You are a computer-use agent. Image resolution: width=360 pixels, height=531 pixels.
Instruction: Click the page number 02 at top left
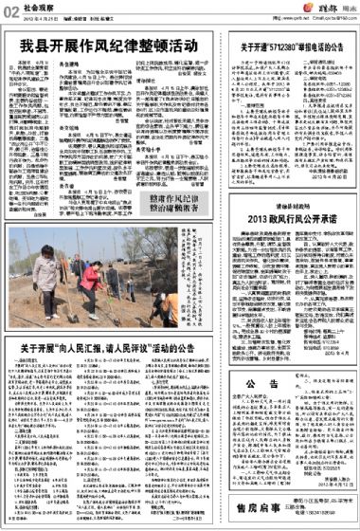point(9,10)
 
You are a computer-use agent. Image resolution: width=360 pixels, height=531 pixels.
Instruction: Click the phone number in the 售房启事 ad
point(314,513)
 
